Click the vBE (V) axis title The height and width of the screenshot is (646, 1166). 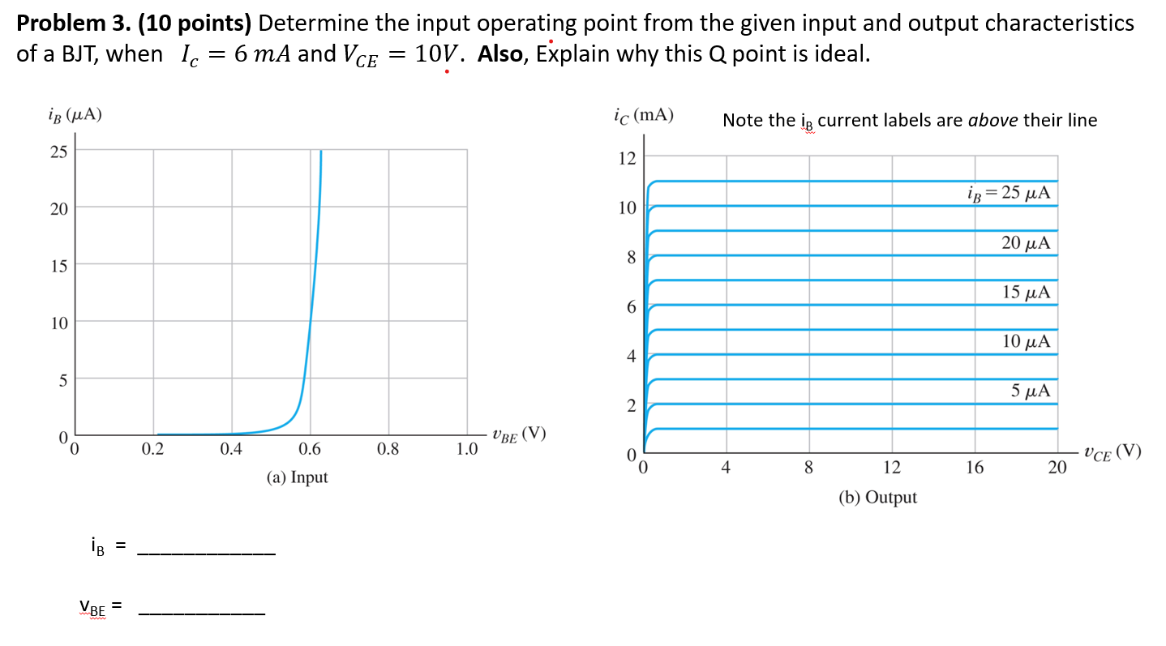[x=517, y=435]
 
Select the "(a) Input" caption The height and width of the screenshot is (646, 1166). [x=297, y=477]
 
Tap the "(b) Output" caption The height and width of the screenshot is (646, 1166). [x=877, y=498]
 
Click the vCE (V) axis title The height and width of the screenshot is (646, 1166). [x=1112, y=452]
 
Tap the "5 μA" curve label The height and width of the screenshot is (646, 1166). [x=1030, y=391]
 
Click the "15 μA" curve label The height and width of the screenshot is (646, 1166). [x=1026, y=293]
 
